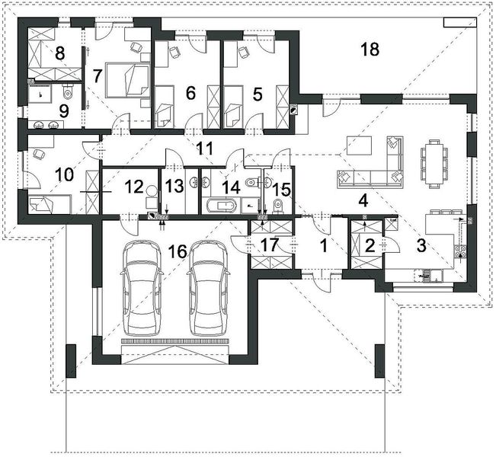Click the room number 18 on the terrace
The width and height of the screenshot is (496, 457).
(x=370, y=50)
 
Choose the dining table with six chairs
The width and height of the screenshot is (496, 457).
(x=433, y=161)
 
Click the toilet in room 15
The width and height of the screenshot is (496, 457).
(x=277, y=206)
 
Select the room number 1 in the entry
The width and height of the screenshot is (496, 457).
(x=322, y=245)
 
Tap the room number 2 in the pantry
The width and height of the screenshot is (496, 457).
(x=370, y=245)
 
